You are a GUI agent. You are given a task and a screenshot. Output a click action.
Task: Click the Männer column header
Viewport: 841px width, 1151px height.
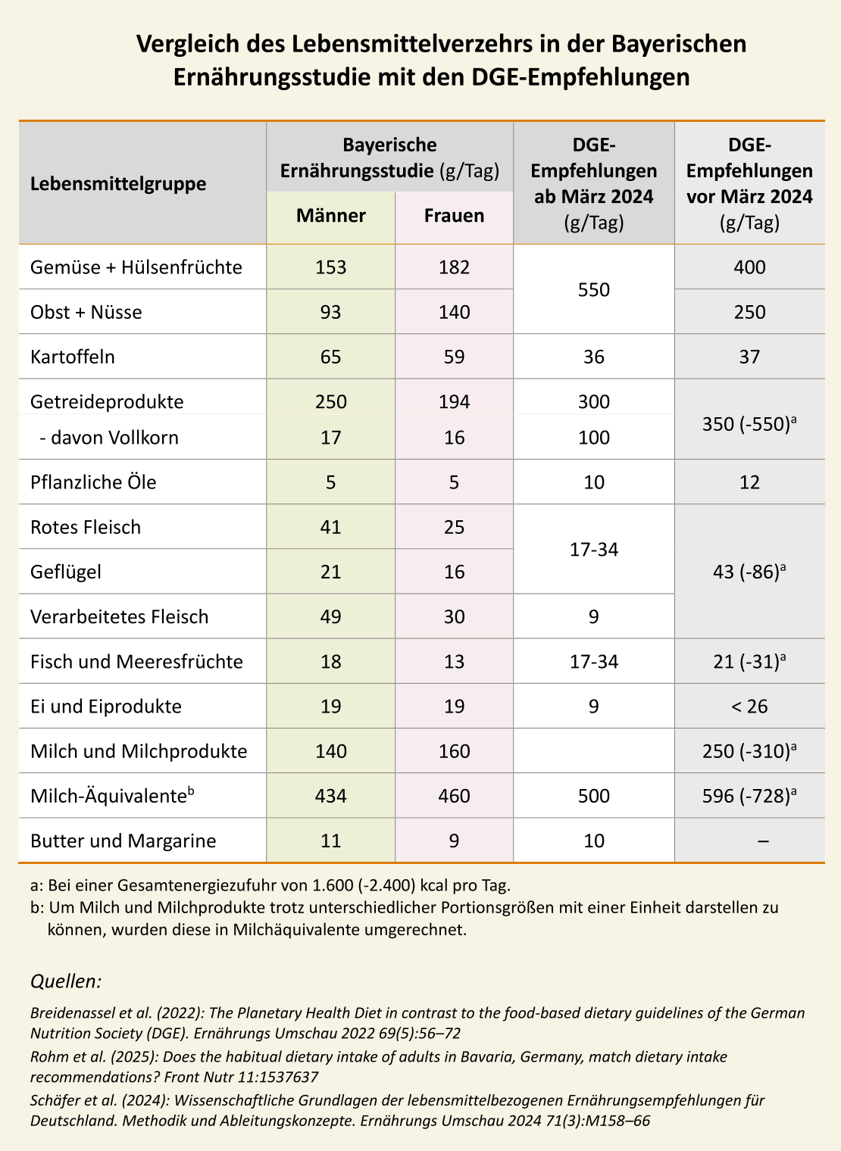pyautogui.click(x=331, y=216)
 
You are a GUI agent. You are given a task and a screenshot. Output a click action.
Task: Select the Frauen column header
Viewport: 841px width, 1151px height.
pyautogui.click(x=454, y=216)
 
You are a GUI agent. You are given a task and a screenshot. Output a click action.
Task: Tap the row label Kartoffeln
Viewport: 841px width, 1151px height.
pyautogui.click(x=73, y=357)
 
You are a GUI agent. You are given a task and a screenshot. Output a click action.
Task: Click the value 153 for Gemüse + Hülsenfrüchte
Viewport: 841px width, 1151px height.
pyautogui.click(x=331, y=267)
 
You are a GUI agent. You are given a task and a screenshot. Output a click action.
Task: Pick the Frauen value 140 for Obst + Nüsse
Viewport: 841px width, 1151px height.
pyautogui.click(x=454, y=312)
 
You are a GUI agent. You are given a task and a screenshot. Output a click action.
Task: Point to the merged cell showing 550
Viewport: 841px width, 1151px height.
pyautogui.click(x=594, y=289)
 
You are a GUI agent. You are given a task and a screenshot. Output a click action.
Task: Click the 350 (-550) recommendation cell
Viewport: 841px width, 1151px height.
pyautogui.click(x=749, y=424)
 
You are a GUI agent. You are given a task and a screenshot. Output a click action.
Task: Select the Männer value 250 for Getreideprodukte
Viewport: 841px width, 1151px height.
pyautogui.click(x=331, y=401)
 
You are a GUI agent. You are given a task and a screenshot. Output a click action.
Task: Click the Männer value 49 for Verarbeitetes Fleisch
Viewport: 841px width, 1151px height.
pyautogui.click(x=331, y=616)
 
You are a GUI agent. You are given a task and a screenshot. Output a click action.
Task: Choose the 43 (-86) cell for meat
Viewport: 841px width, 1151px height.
pyautogui.click(x=749, y=572)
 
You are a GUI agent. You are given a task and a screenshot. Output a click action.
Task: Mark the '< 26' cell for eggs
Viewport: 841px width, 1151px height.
pyautogui.click(x=749, y=707)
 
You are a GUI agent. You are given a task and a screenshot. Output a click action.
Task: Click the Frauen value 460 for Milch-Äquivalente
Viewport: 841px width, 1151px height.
pyautogui.click(x=454, y=796)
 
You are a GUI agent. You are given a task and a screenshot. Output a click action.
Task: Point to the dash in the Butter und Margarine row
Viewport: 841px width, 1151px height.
pyautogui.click(x=764, y=841)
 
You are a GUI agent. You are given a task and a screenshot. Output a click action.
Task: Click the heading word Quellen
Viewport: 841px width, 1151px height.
pyautogui.click(x=65, y=982)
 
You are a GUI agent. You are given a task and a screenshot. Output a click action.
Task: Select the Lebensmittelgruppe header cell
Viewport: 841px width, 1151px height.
pyautogui.click(x=118, y=184)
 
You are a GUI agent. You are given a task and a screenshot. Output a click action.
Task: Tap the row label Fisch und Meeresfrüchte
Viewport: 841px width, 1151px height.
pyautogui.click(x=136, y=662)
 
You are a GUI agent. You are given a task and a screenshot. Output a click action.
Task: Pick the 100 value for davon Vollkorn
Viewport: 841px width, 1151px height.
pyautogui.click(x=594, y=438)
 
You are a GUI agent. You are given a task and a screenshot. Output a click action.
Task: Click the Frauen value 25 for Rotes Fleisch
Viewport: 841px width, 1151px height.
pyautogui.click(x=454, y=527)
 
